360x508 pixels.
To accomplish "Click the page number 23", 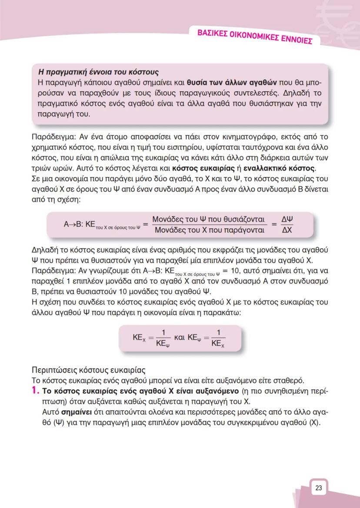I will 318,488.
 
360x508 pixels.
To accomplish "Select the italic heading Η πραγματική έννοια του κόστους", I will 99,72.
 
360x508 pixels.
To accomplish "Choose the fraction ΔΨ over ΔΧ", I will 287,224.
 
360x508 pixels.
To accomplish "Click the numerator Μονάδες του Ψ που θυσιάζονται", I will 209,219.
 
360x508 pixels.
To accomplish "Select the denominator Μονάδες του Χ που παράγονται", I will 210,230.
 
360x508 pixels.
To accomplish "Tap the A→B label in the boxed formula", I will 73,224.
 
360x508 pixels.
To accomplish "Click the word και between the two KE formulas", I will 180,337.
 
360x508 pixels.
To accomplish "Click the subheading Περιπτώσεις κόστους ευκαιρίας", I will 88,371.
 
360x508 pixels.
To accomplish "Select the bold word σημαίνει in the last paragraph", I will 74,411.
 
